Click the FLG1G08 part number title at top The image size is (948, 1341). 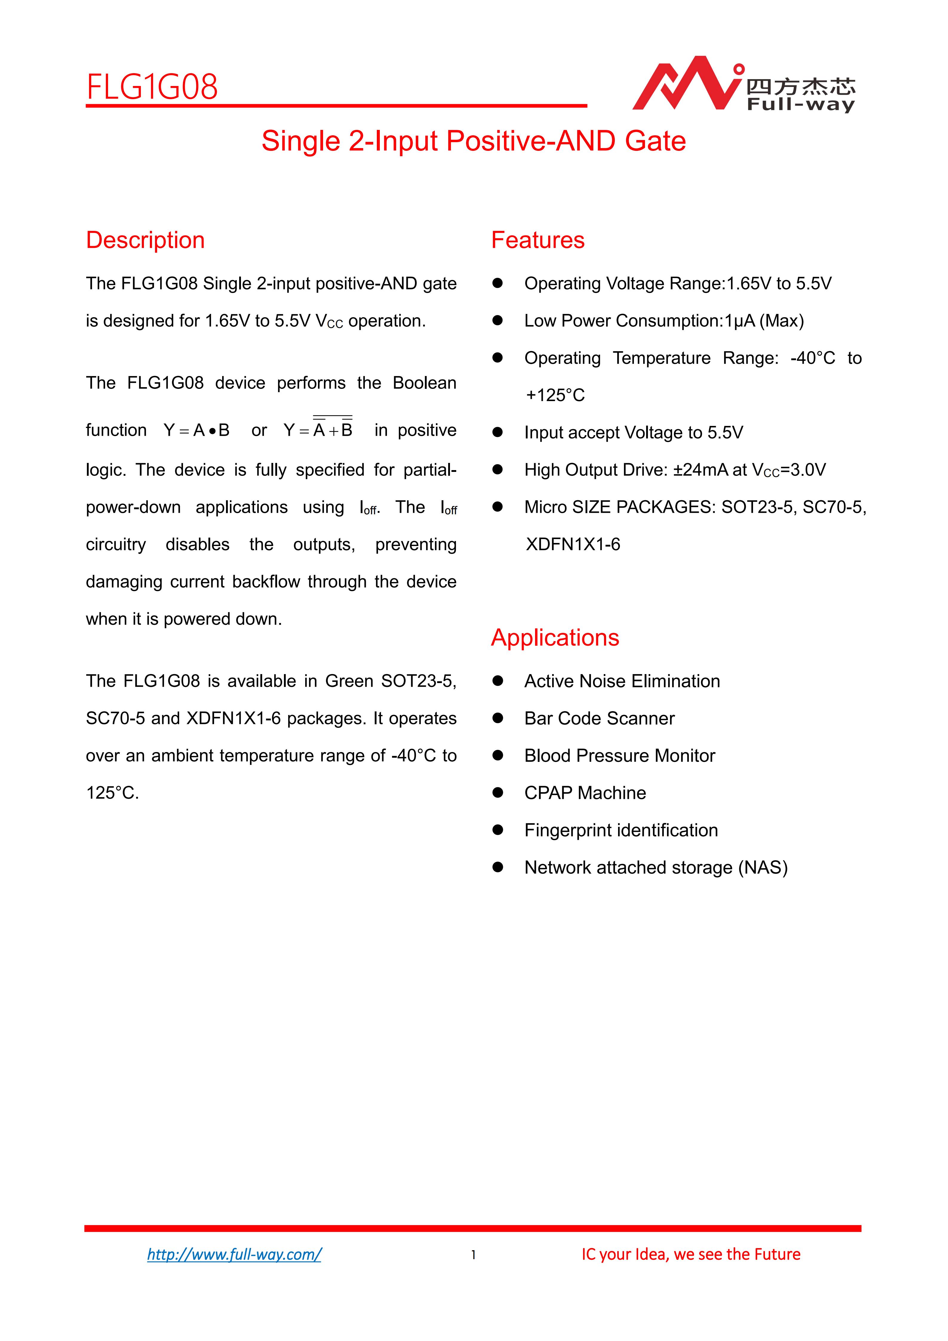152,88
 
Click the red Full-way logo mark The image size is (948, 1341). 686,85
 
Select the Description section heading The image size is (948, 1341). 145,240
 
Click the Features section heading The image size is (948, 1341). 538,240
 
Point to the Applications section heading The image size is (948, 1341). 554,637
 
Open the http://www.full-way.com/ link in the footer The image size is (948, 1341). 234,1254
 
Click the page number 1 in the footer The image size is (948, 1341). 474,1255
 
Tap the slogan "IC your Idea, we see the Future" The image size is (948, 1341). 691,1254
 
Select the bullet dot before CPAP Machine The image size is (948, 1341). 497,793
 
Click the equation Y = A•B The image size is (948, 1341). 197,430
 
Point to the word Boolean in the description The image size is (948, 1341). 424,383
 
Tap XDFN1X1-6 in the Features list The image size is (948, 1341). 573,544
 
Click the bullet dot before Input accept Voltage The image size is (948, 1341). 497,432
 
